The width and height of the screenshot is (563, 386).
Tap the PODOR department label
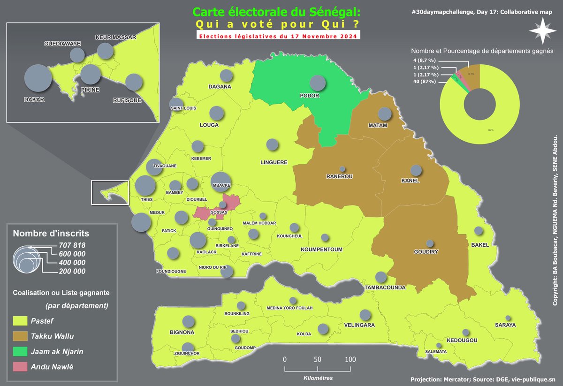pyautogui.click(x=309, y=96)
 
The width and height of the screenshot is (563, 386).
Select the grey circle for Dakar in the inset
pyautogui.click(x=38, y=79)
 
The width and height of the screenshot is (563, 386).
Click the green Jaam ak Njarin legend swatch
pyautogui.click(x=20, y=351)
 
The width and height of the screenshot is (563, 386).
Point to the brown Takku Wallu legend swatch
pyautogui.click(x=20, y=336)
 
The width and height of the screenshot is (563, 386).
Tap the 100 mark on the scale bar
pyautogui.click(x=350, y=359)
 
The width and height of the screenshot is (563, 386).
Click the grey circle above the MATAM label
pyautogui.click(x=385, y=114)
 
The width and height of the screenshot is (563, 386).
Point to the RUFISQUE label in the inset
pyautogui.click(x=127, y=100)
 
